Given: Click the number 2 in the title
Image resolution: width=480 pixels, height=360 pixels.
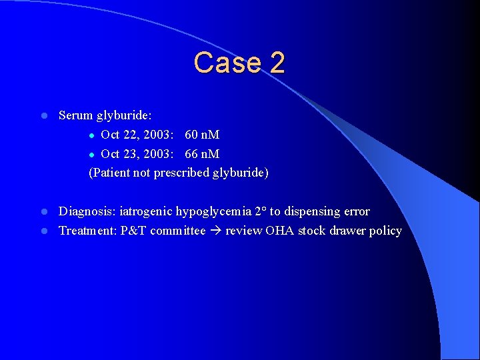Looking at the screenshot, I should click(277, 63).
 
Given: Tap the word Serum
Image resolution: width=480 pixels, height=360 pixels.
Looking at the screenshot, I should click(76, 115).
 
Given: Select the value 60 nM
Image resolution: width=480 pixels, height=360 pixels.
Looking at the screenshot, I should click(202, 135).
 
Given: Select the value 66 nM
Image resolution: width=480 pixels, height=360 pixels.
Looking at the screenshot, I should click(202, 154).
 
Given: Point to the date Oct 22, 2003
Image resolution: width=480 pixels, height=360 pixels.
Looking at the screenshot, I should click(137, 135).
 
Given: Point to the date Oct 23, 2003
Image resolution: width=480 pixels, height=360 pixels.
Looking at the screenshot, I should click(137, 154).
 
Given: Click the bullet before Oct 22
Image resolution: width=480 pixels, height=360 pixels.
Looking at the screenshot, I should click(92, 135).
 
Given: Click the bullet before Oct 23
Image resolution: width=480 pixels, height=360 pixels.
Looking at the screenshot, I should click(92, 155).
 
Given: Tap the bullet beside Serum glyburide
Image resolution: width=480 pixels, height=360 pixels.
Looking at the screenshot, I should click(43, 116).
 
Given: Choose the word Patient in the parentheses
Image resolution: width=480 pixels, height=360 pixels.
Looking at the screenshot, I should click(111, 173).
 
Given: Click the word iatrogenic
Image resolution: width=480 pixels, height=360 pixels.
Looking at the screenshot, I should click(146, 212).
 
